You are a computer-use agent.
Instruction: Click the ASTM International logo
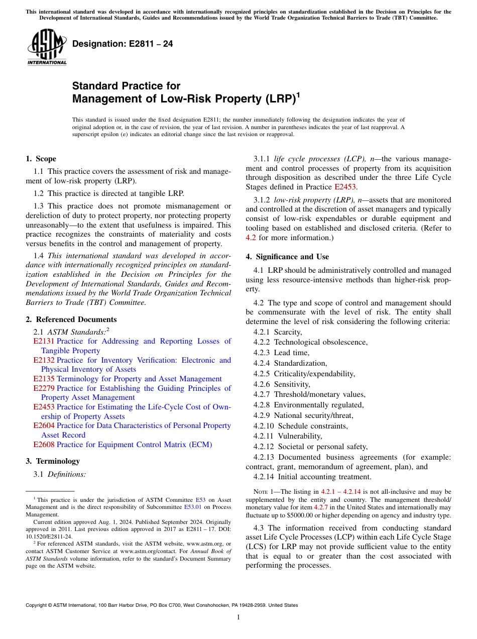point(47,48)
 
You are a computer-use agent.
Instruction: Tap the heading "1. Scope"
point(41,159)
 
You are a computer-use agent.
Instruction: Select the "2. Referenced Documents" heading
point(71,319)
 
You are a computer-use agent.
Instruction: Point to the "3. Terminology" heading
point(53,461)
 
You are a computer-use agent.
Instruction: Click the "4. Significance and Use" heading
point(287,257)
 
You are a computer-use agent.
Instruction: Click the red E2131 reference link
point(43,342)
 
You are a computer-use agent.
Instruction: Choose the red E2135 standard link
point(43,379)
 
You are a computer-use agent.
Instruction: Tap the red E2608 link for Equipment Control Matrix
point(43,445)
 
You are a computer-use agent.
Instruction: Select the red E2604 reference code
point(43,426)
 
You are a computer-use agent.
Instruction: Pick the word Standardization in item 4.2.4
point(300,363)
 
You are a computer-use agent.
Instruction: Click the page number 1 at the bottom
point(238,617)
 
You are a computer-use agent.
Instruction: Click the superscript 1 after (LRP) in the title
point(298,94)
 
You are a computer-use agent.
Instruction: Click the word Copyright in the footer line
point(37,605)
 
